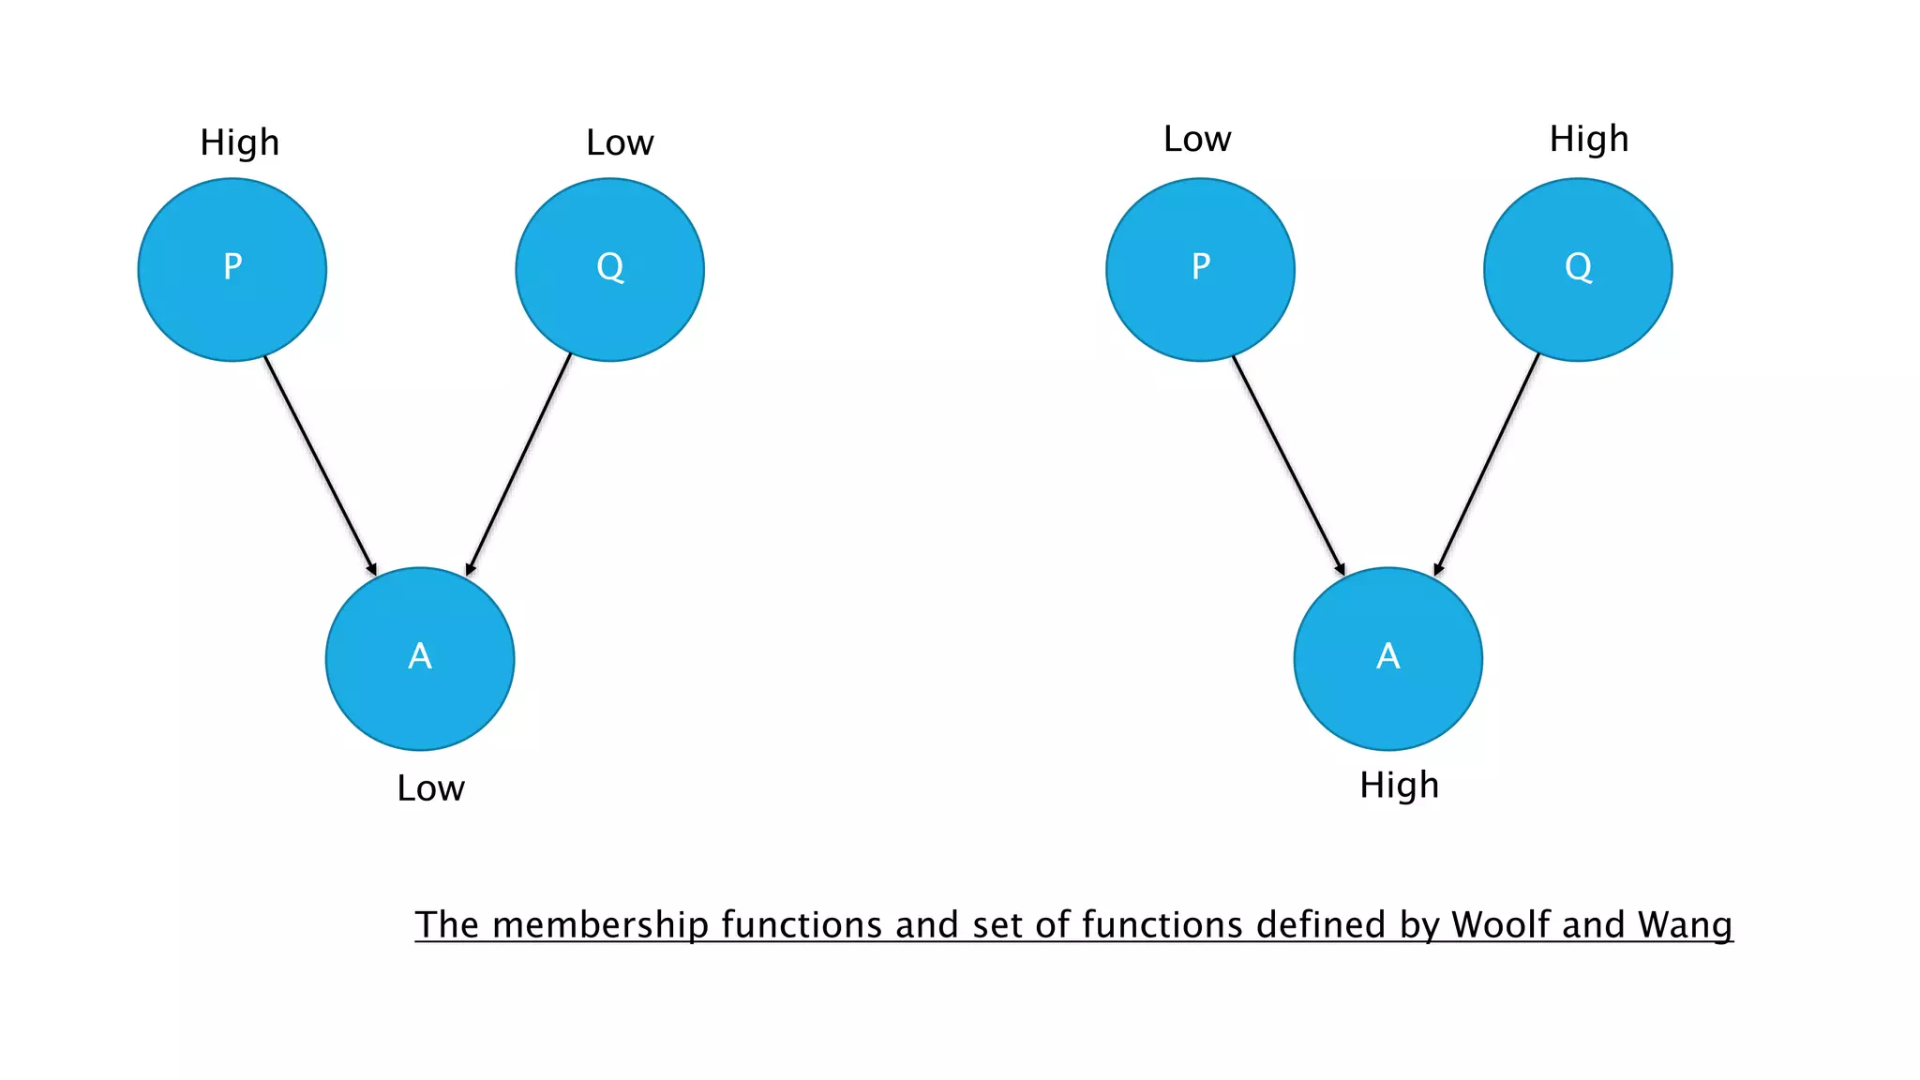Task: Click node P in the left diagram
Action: click(232, 270)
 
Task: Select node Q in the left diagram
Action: click(609, 270)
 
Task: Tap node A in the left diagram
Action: click(420, 658)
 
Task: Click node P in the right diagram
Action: click(1200, 270)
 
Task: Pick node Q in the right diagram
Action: click(1578, 270)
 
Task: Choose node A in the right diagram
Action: click(1387, 658)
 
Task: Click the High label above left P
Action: click(240, 143)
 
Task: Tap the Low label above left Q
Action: click(620, 143)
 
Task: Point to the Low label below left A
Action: click(430, 788)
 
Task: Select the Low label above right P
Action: click(1197, 140)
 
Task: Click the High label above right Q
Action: click(1589, 140)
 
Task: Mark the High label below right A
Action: click(1400, 786)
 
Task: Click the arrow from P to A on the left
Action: click(320, 465)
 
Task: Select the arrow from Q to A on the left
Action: click(519, 463)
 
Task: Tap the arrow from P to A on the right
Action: click(1288, 465)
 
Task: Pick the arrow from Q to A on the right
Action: click(1488, 463)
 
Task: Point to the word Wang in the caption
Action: click(1685, 925)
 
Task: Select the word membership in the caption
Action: click(600, 925)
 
